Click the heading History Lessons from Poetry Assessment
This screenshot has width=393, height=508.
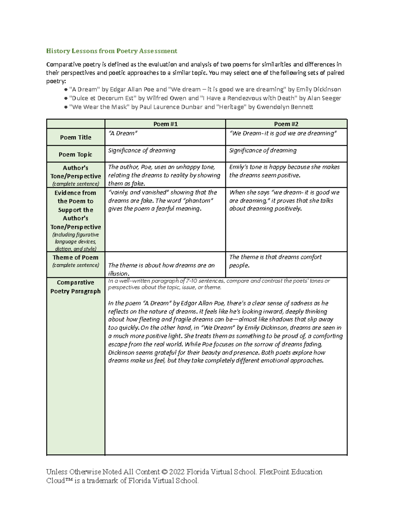pyautogui.click(x=112, y=51)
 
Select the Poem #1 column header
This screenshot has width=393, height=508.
pyautogui.click(x=165, y=124)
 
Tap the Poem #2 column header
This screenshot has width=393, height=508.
pyautogui.click(x=286, y=124)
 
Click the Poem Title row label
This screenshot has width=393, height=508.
pyautogui.click(x=76, y=137)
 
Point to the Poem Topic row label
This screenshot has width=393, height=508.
pyautogui.click(x=76, y=154)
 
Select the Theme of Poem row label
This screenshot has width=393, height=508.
pyautogui.click(x=76, y=257)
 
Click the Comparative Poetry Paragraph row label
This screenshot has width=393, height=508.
pyautogui.click(x=76, y=287)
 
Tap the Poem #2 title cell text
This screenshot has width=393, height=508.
pyautogui.click(x=283, y=133)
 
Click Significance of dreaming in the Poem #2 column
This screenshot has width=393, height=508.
pyautogui.click(x=263, y=150)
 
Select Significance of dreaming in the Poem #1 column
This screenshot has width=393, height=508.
pyautogui.click(x=142, y=150)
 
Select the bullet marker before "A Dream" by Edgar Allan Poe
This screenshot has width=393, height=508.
pyautogui.click(x=66, y=90)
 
